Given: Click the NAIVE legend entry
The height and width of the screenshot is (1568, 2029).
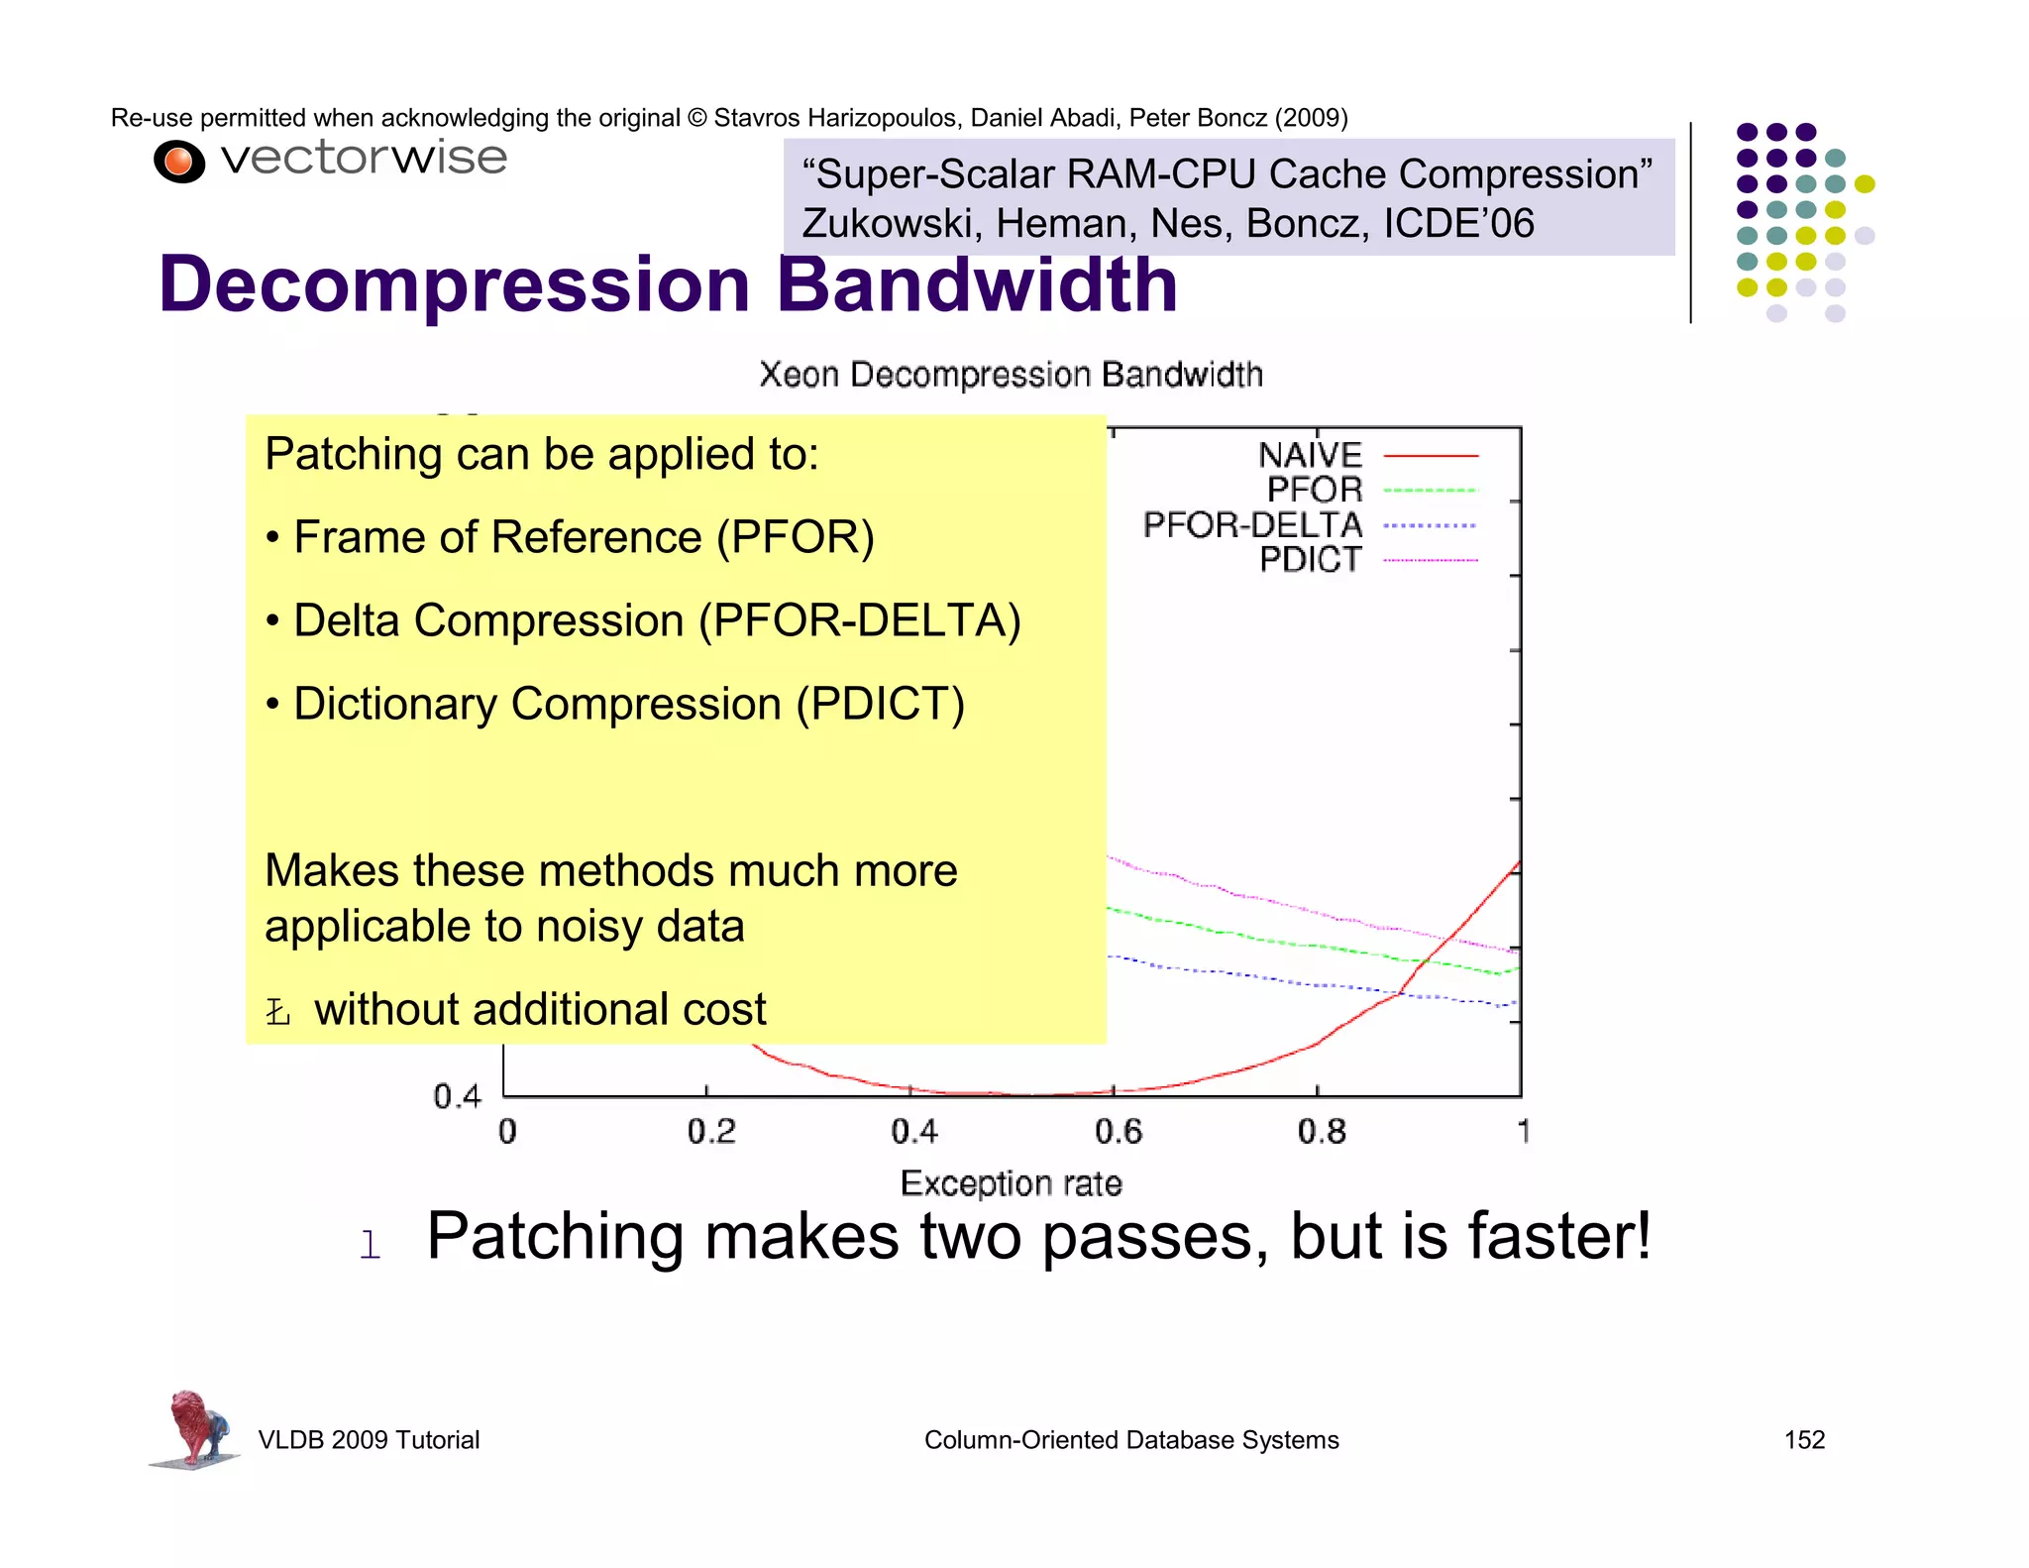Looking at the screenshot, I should point(1310,455).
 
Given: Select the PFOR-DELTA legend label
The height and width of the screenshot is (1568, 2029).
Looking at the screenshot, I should point(1252,525).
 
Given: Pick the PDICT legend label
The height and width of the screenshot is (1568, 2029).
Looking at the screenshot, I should point(1310,560).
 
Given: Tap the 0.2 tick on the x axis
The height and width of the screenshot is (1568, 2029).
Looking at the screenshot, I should point(710,1131).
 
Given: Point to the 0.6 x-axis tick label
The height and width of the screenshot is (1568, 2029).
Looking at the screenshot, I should point(1118,1131).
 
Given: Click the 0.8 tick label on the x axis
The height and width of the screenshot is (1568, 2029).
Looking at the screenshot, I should point(1322,1131).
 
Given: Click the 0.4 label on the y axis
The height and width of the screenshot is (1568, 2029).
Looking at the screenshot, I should point(457,1096).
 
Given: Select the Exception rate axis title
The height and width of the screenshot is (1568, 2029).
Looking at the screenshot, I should point(1011,1183).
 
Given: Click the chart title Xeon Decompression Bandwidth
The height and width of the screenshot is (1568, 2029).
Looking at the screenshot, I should point(1011,375).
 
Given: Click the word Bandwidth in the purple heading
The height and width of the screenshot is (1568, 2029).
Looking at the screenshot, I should point(977,285).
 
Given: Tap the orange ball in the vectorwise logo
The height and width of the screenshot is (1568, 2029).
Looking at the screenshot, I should point(179,162).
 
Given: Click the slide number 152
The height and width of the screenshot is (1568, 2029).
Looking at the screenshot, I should point(1804,1439).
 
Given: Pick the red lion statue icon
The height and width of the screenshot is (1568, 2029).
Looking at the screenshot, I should point(194,1427).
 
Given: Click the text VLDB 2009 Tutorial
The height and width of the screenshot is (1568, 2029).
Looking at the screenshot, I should point(369,1439).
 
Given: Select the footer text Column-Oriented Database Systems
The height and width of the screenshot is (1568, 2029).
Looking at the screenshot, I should point(1131,1439).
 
